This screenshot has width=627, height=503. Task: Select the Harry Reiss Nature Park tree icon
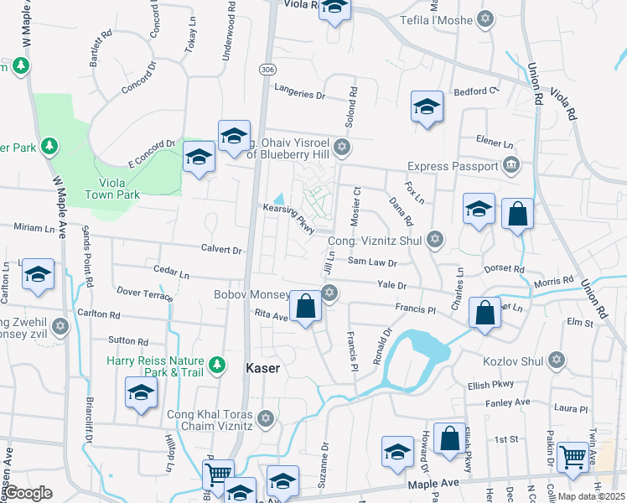click(218, 364)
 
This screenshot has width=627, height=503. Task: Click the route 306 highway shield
click(267, 69)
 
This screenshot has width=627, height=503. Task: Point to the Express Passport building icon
click(510, 166)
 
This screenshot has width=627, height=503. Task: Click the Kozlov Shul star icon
click(555, 360)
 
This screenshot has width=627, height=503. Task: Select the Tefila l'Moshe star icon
click(485, 18)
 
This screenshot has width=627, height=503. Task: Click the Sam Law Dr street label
click(371, 262)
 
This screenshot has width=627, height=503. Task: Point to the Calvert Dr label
click(220, 250)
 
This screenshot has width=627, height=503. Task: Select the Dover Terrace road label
click(145, 293)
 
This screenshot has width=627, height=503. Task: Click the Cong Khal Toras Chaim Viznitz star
click(266, 417)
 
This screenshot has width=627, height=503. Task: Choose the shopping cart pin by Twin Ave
click(573, 457)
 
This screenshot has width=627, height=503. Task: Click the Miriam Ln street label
click(33, 228)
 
